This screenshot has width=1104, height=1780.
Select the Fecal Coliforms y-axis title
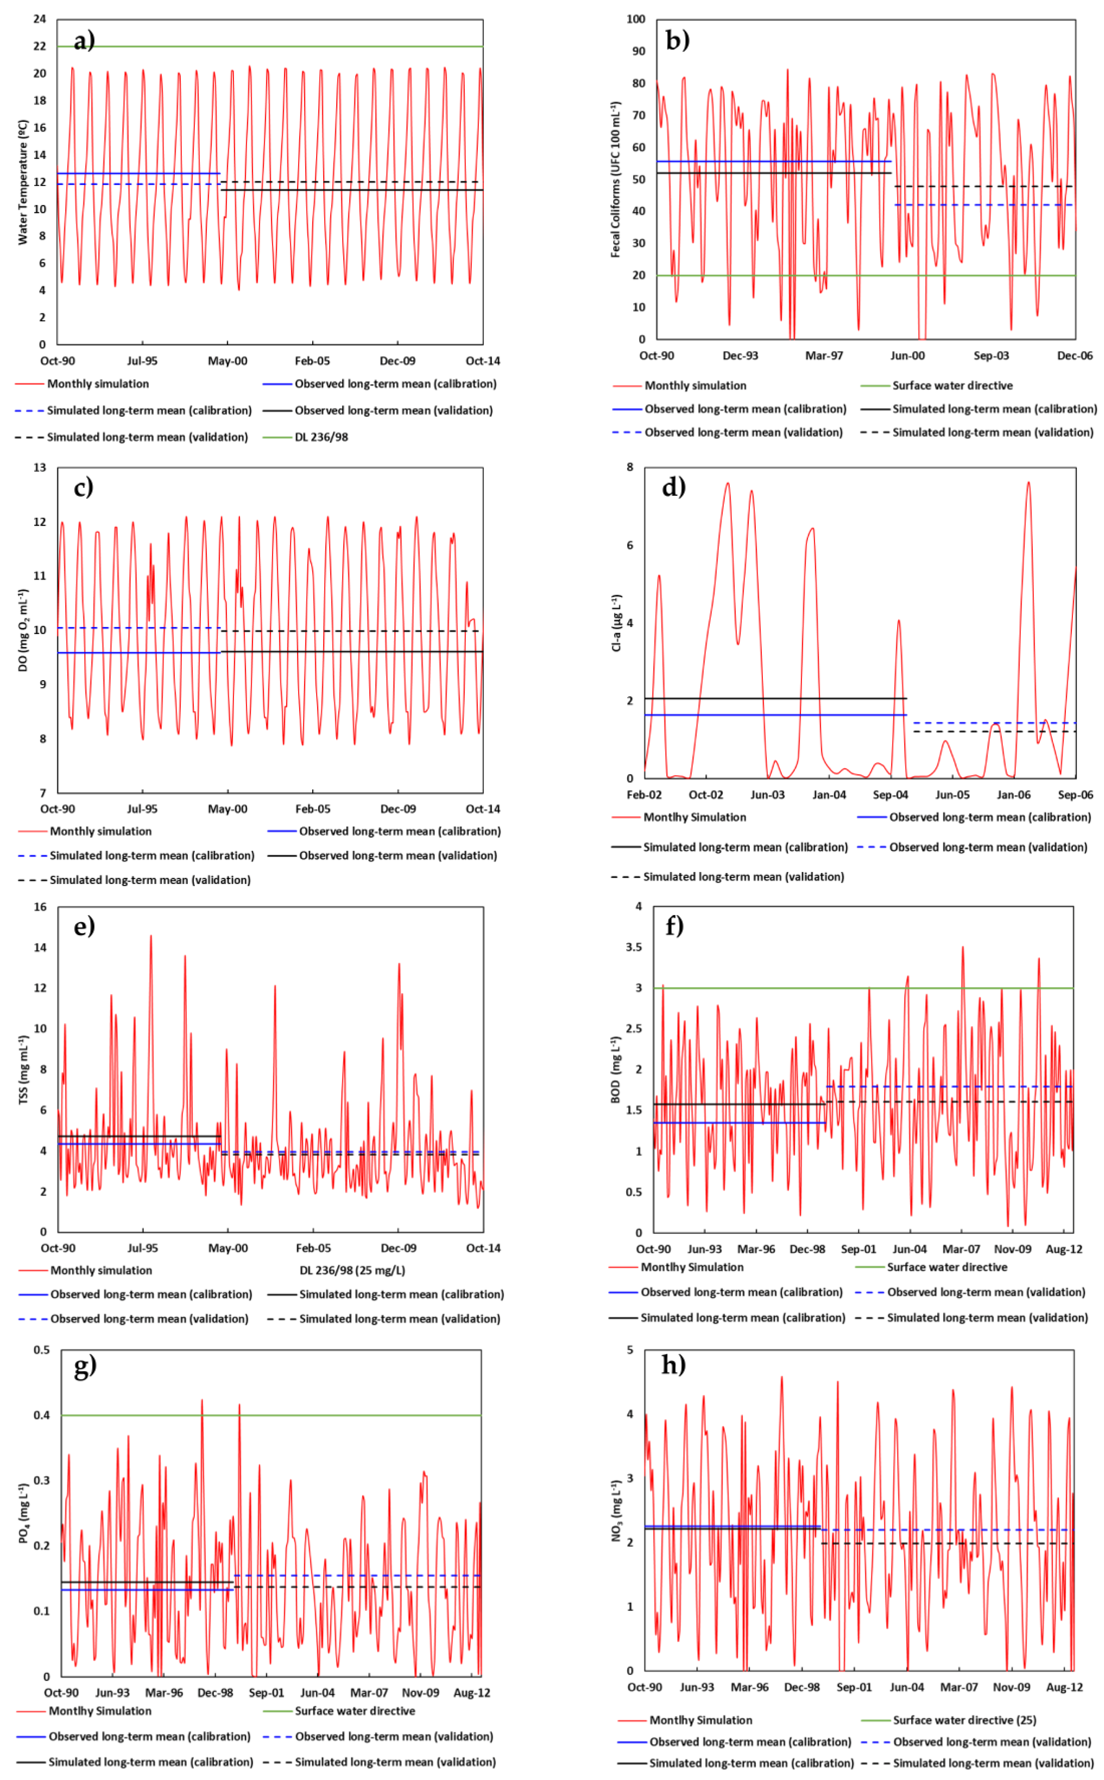click(x=616, y=179)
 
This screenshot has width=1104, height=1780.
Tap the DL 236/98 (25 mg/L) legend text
click(x=352, y=1271)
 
